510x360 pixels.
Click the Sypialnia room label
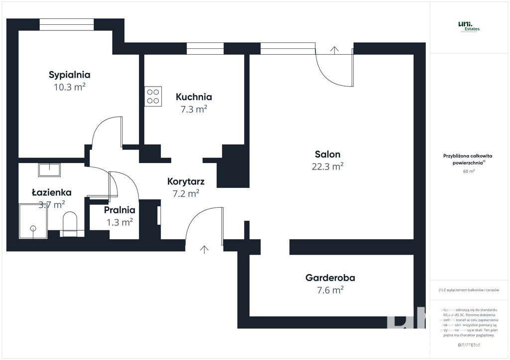69,75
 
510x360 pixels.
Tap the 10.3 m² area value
69,87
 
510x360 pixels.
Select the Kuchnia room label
194,97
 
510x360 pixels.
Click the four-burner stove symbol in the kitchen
153,96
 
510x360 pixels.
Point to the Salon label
327,154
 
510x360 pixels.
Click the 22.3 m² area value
327,167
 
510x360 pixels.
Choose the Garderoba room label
330,278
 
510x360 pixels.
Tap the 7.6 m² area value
330,290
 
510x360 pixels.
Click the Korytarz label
186,181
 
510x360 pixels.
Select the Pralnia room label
120,210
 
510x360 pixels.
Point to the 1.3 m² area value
120,222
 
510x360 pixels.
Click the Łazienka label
51,192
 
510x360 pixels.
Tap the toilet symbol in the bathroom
70,224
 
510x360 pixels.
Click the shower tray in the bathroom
33,220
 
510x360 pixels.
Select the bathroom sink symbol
49,170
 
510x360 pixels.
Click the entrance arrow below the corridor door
204,249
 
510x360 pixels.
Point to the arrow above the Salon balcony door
334,49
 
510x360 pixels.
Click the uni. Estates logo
469,27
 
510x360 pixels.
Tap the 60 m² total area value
469,172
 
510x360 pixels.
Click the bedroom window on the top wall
67,24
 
